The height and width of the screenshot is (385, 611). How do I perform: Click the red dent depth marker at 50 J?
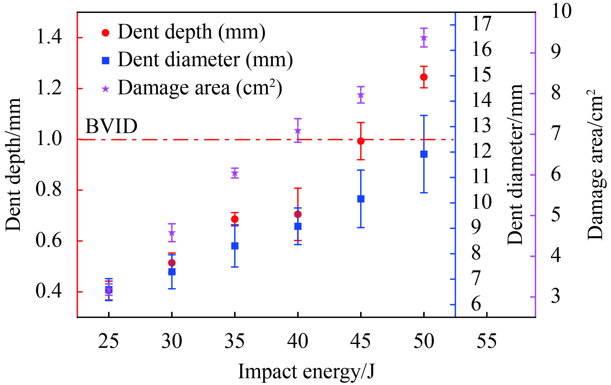424,77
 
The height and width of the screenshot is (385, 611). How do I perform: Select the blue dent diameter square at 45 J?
361,199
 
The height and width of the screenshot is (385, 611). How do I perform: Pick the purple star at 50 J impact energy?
424,38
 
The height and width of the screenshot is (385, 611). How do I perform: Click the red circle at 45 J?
361,141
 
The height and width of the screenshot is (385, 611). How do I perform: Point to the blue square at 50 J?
424,154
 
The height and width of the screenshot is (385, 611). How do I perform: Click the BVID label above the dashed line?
111,126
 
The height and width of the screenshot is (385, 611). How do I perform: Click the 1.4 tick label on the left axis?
49,37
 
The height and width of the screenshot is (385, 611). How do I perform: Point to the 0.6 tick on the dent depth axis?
49,241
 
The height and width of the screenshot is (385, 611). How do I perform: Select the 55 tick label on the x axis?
487,341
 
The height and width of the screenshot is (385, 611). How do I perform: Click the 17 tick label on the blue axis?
482,24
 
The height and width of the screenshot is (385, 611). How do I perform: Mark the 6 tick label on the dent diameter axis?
476,304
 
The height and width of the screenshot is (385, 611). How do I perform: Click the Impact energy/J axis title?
306,371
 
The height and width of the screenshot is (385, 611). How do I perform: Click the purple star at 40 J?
298,131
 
